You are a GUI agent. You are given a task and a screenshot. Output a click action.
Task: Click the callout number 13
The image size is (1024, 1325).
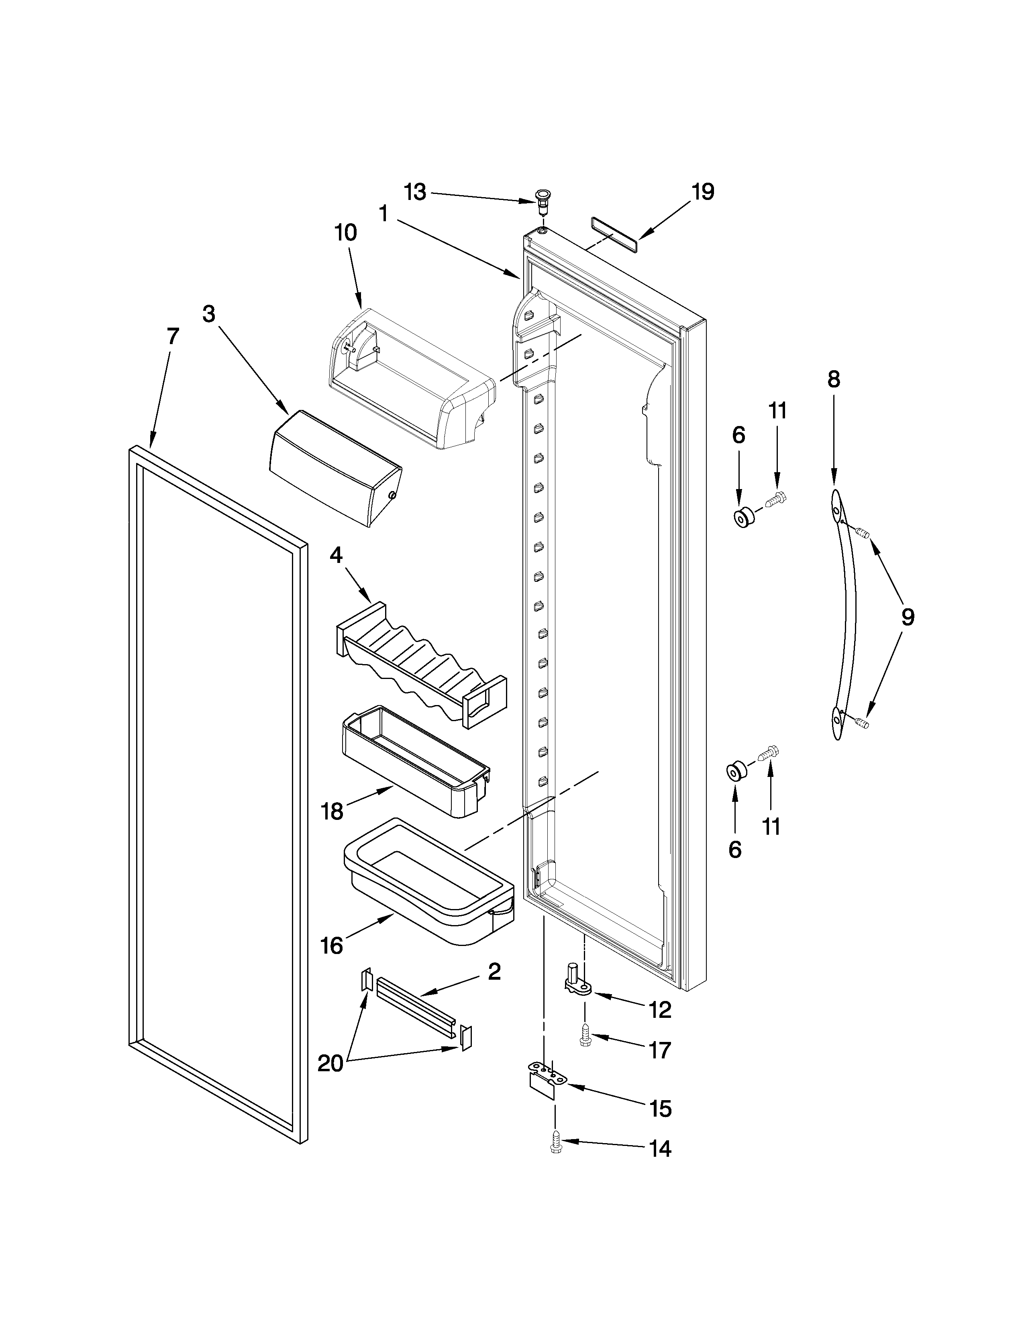pyautogui.click(x=416, y=192)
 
